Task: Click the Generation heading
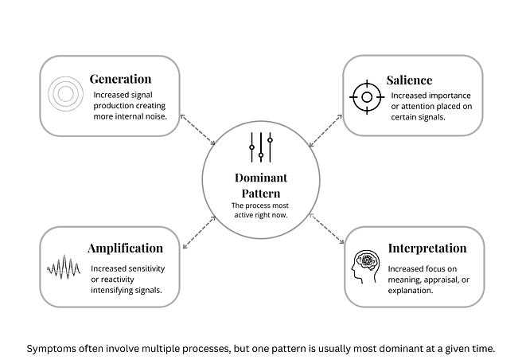[x=120, y=79]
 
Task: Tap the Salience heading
[x=410, y=80]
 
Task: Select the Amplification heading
[x=126, y=248]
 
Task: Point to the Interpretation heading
[x=427, y=248]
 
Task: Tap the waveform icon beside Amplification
[x=64, y=267]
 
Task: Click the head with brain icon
[x=365, y=267]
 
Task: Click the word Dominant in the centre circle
[x=261, y=178]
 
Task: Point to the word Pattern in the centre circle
[x=261, y=194]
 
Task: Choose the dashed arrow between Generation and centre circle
[x=198, y=130]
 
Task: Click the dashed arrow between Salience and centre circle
[x=325, y=131]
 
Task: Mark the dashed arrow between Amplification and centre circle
[x=200, y=233]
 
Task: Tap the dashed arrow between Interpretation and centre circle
[x=326, y=229]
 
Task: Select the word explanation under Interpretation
[x=411, y=291]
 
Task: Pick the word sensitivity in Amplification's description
[x=146, y=268]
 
